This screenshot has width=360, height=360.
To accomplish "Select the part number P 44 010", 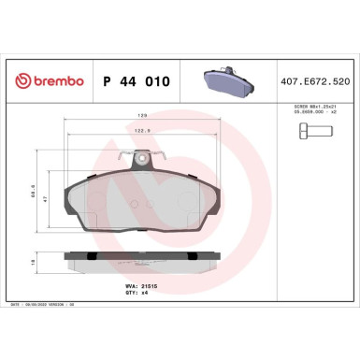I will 136,81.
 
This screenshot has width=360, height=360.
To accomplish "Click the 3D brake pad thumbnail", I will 228,80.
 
